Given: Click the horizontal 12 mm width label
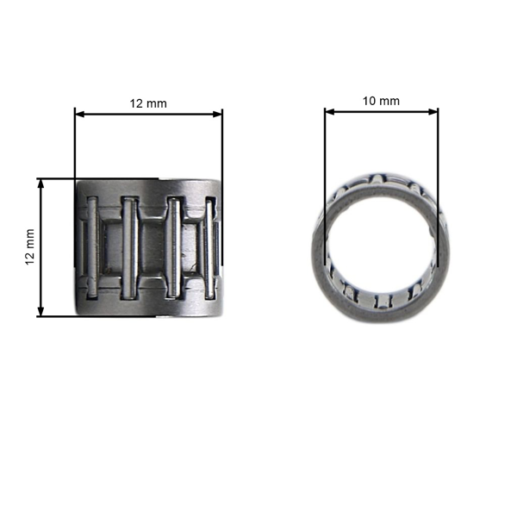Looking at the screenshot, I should pos(148,103).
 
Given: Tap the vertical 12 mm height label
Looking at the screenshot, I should pos(29,247).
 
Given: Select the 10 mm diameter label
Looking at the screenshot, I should pos(381,101).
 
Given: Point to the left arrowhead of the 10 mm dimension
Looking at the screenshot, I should pos(329,111).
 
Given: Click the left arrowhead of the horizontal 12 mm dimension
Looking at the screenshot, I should pos(79,113).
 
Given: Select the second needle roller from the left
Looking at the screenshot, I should pos(129,248).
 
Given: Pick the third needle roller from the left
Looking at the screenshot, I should pos(174,248).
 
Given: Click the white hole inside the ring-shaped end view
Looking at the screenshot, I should pos(381,252).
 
